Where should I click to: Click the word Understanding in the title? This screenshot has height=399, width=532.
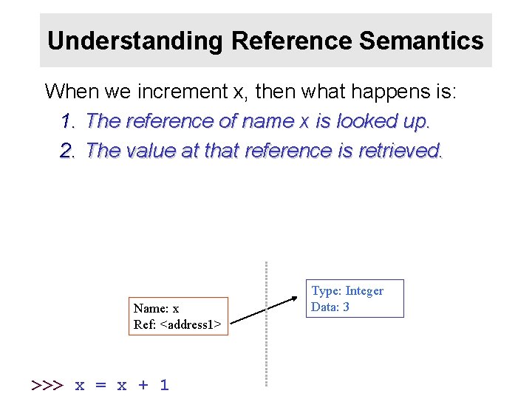[135, 41]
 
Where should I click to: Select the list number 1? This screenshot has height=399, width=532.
[68, 122]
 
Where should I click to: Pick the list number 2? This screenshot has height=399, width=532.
[68, 151]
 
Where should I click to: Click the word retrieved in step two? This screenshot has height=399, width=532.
[400, 151]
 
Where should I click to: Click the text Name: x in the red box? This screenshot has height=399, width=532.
[156, 308]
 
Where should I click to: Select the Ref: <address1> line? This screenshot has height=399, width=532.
[177, 324]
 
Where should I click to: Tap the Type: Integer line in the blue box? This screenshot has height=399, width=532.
[347, 291]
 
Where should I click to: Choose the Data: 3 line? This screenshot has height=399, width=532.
[330, 307]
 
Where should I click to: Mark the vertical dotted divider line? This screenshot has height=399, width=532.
[266, 325]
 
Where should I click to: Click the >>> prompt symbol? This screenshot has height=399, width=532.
[47, 385]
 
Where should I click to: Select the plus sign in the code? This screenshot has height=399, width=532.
[143, 385]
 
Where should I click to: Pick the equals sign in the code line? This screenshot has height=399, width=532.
[101, 385]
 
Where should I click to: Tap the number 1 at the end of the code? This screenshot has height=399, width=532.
[164, 385]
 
